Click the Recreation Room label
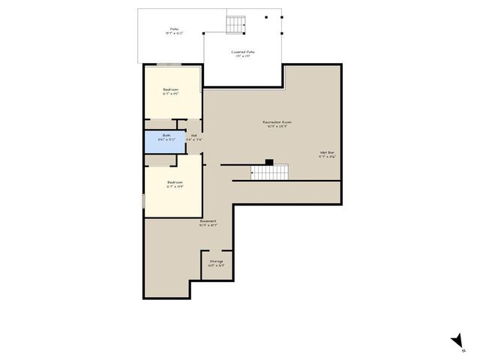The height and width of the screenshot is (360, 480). coord(277,121)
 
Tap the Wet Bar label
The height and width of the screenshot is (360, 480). coord(327,152)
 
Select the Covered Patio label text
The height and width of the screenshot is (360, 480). coord(242,52)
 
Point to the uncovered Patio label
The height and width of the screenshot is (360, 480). coord(174,29)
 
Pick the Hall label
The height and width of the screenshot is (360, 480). coord(193,136)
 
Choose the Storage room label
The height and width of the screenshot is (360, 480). coord(216,261)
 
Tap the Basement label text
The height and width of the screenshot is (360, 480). coord(208,221)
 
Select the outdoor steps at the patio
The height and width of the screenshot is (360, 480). coord(237,25)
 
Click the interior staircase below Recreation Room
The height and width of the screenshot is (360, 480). coord(269,172)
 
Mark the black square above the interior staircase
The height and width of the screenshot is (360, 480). coord(269,161)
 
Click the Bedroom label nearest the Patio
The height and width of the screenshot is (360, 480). coord(171,90)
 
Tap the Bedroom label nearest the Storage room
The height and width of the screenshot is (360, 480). coord(175,182)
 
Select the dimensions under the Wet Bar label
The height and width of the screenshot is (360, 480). coord(327,157)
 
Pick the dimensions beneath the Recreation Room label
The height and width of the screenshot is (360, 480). coord(277,126)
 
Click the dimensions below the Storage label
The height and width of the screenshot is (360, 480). coord(216,265)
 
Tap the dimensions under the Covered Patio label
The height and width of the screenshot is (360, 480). coord(242,56)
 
